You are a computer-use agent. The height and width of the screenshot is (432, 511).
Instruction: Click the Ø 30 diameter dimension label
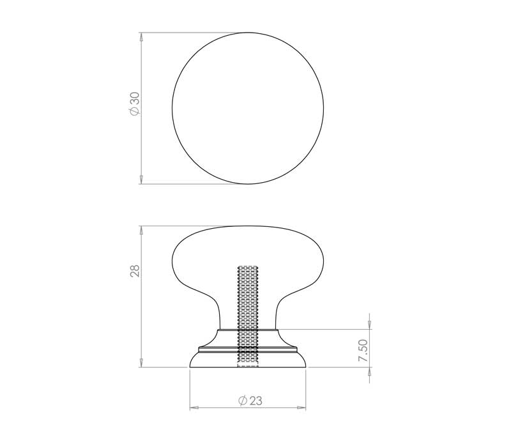click(134, 104)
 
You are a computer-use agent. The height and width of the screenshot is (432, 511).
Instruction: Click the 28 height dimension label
click(135, 270)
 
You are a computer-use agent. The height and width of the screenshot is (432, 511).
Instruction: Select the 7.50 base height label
click(363, 350)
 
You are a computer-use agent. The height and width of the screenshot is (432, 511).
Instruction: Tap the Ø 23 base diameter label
click(250, 401)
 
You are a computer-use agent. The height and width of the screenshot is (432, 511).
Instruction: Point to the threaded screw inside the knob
click(248, 316)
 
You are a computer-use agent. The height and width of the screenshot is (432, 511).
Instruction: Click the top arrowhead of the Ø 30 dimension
click(141, 36)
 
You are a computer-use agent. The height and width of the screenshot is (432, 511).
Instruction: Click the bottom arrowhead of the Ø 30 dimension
click(141, 180)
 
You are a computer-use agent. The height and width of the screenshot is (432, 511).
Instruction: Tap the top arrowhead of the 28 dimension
click(141, 230)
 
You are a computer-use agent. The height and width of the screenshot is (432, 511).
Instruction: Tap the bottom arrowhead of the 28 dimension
click(141, 363)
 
